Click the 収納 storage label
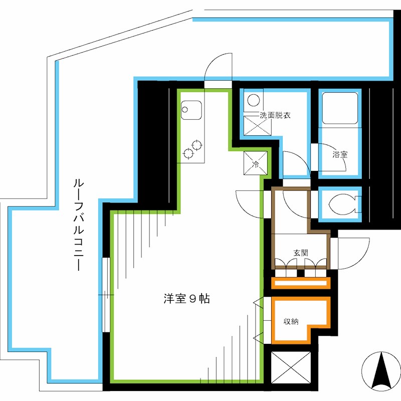click(291, 321)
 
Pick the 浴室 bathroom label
click(340, 155)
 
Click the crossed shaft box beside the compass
click(291, 367)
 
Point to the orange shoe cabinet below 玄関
click(300, 284)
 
